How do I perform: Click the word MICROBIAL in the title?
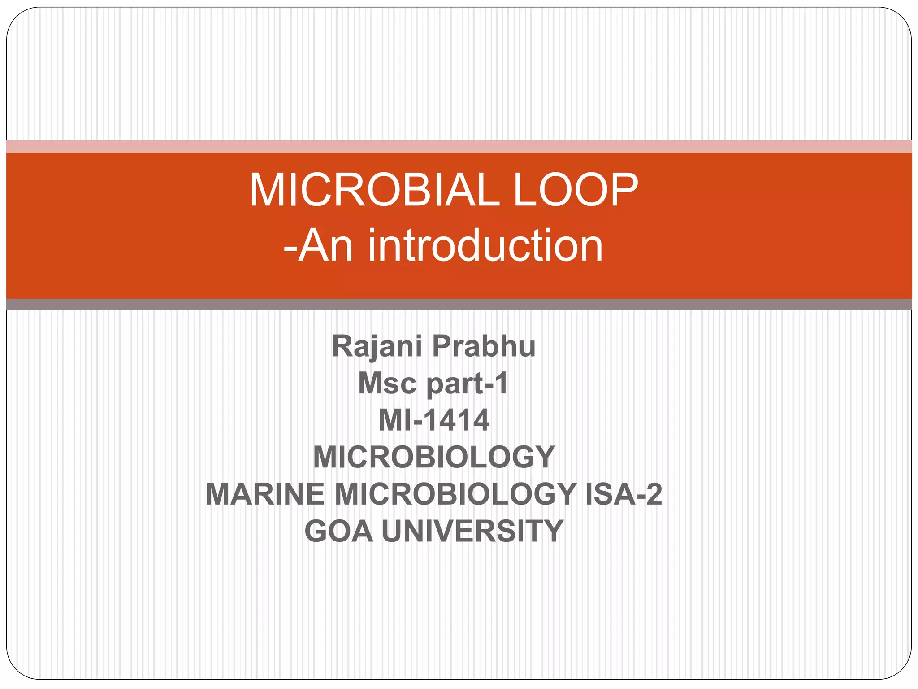(374, 190)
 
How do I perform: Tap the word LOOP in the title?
(575, 190)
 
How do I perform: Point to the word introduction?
(485, 246)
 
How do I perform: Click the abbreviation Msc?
(387, 384)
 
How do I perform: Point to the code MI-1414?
(434, 421)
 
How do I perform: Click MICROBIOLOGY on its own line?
(434, 458)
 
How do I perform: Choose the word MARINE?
(265, 494)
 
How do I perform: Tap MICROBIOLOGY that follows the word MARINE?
(455, 494)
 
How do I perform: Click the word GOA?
(339, 531)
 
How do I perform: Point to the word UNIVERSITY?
(472, 531)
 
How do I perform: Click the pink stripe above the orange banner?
(459, 146)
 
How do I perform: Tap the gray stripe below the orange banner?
(459, 305)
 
